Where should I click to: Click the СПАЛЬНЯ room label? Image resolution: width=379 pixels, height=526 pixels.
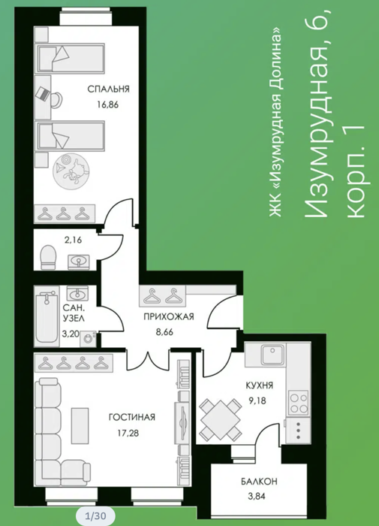pos(108,89)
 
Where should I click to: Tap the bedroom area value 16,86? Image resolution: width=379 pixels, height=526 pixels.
pos(108,104)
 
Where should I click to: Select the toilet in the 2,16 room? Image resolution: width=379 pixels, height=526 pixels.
pos(48,257)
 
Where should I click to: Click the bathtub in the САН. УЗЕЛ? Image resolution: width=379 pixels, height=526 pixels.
pos(47,318)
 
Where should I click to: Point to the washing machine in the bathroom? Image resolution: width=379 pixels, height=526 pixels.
pos(88,338)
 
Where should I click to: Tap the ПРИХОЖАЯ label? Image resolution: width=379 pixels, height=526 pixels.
pos(169,316)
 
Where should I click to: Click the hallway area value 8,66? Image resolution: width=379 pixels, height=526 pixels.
pos(164,332)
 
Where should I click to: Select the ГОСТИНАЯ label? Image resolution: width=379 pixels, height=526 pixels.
pos(132,417)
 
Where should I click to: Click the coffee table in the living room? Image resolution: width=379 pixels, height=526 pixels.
pos(80,425)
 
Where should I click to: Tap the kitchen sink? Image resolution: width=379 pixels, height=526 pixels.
pos(273,355)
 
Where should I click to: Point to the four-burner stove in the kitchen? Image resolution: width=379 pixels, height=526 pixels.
pos(299,403)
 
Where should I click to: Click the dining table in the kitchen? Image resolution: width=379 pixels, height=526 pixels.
pos(220,419)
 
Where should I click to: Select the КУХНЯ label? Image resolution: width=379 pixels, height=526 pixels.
pos(260,385)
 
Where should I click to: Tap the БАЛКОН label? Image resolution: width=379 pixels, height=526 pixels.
pos(259,482)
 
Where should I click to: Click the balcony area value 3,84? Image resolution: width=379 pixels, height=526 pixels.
pos(257,496)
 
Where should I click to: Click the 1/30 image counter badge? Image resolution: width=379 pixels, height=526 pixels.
pos(95,515)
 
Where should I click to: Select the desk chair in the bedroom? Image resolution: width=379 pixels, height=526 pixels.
pos(56,99)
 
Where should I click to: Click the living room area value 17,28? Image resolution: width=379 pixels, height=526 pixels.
pos(128,433)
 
